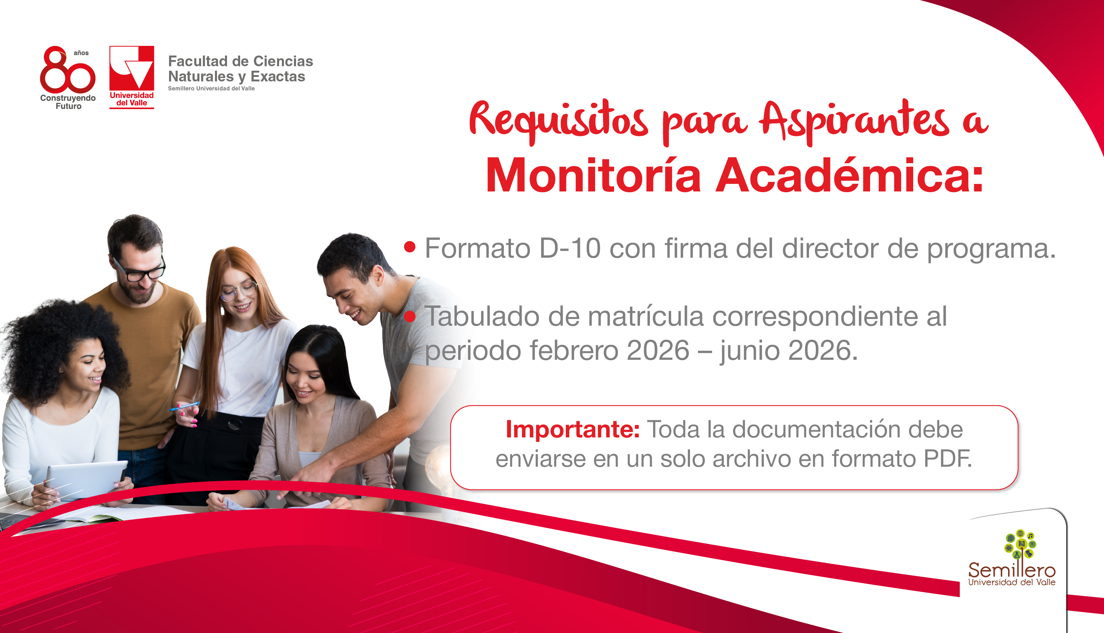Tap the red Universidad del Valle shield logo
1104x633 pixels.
pyautogui.click(x=132, y=77)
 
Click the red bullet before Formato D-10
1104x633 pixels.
pyautogui.click(x=410, y=247)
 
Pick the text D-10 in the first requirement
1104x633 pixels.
pyautogui.click(x=570, y=248)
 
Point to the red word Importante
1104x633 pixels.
pyautogui.click(x=572, y=429)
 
